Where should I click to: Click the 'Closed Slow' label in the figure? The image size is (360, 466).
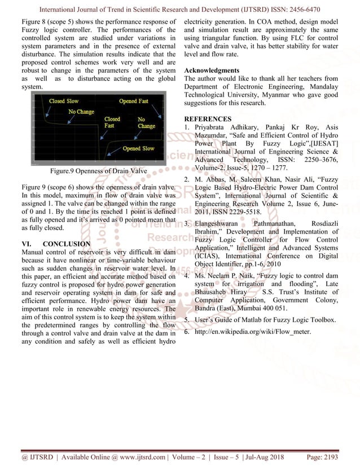[64, 101]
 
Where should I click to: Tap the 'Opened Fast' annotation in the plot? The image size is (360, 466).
[134, 101]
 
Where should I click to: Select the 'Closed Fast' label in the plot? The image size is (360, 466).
[112, 122]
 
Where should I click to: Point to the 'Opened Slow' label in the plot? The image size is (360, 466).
[138, 148]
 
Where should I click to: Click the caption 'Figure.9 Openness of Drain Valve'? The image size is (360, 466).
[99, 171]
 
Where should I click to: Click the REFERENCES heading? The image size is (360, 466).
[208, 119]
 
